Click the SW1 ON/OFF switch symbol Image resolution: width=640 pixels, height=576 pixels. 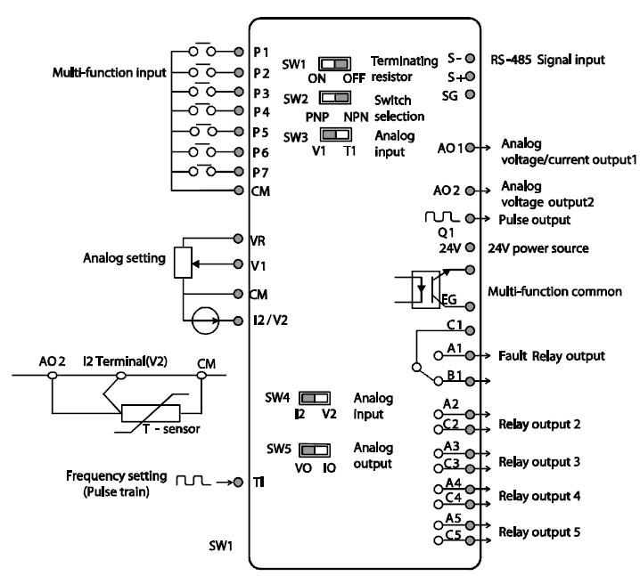tap(335, 64)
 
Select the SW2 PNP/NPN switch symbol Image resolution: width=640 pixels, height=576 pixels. tap(335, 97)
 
